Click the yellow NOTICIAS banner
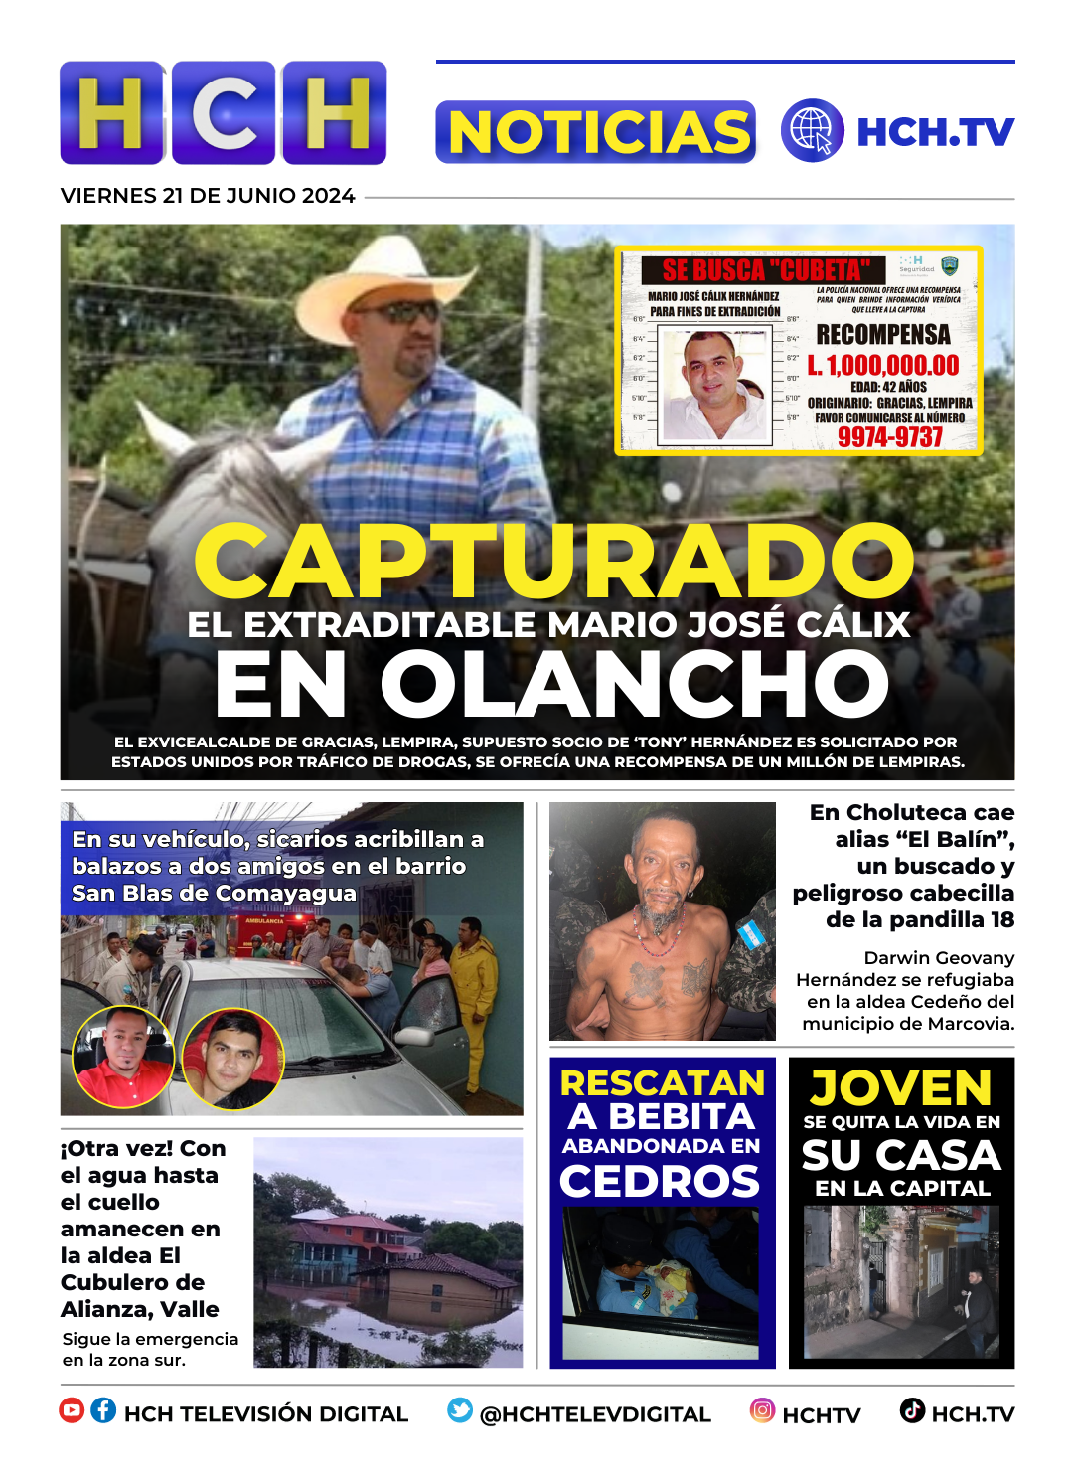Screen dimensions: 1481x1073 tap(595, 132)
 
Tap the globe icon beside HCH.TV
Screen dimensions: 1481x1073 tap(812, 130)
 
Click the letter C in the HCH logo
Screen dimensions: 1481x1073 tap(224, 112)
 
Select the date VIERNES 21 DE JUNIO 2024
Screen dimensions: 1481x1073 tap(208, 196)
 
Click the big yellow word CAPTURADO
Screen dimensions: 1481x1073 tap(553, 562)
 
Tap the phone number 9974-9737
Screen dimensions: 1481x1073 tap(889, 437)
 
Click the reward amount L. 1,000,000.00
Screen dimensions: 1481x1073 tap(883, 366)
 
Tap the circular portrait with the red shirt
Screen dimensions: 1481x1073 tap(123, 1057)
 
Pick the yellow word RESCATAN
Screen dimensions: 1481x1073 tap(663, 1083)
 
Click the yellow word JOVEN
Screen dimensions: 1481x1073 tap(901, 1088)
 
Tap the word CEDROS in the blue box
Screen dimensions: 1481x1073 tap(660, 1182)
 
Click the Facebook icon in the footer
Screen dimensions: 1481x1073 tap(103, 1410)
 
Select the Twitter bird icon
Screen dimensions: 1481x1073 tap(460, 1410)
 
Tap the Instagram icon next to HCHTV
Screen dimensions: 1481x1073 tap(762, 1410)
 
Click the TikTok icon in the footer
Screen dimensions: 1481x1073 tap(912, 1410)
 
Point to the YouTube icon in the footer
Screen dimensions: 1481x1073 tap(72, 1410)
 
